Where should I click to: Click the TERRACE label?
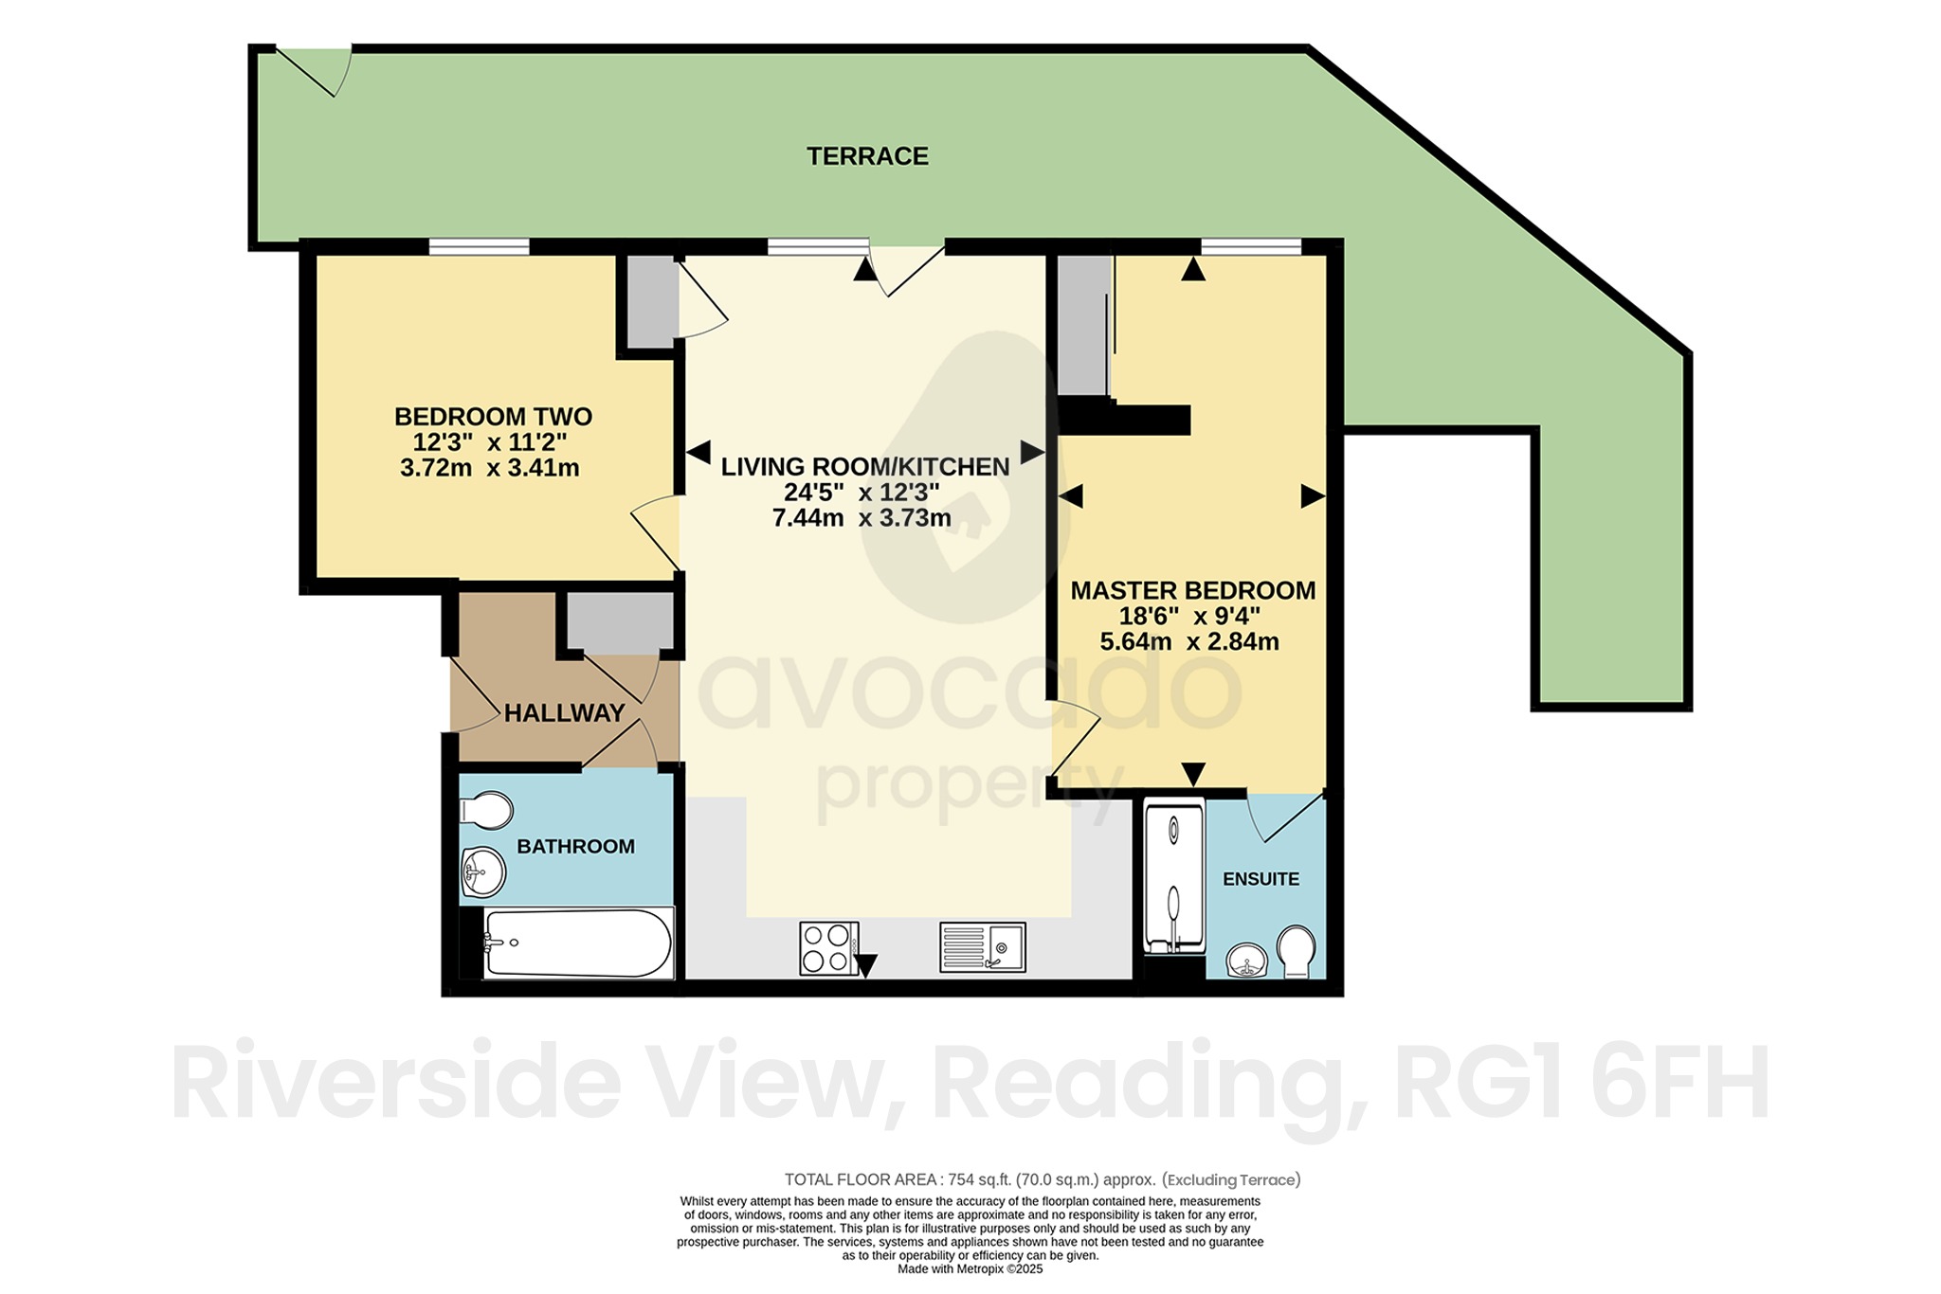pos(867,156)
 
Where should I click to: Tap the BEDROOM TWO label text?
pos(493,417)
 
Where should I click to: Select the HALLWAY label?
pos(564,713)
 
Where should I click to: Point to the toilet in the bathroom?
pos(486,811)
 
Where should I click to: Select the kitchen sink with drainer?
pos(983,946)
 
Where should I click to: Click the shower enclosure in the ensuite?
pos(1174,875)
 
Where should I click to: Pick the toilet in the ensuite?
pos(1296,951)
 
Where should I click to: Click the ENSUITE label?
pos(1261,879)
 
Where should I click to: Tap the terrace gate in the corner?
pos(314,71)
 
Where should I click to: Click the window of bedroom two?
pos(479,247)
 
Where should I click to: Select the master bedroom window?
pos(1251,247)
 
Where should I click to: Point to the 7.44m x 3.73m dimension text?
pos(862,518)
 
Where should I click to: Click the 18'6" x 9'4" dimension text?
pos(1189,616)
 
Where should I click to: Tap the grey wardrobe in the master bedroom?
pos(1083,325)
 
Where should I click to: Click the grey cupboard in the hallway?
pos(621,621)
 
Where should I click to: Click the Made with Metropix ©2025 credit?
pos(970,1269)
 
